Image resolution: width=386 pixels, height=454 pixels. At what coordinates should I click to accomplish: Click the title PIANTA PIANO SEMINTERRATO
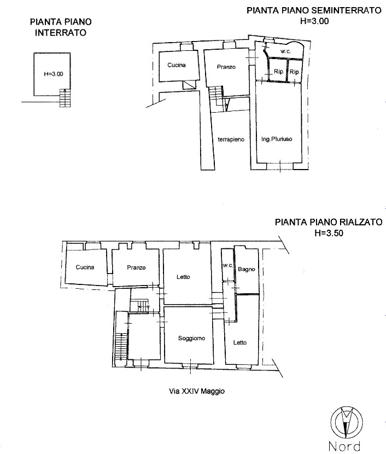pyautogui.click(x=314, y=10)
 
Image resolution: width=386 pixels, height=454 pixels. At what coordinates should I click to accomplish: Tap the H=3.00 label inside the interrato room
pyautogui.click(x=54, y=74)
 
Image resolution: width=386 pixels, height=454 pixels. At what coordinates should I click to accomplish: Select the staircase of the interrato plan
pyautogui.click(x=65, y=97)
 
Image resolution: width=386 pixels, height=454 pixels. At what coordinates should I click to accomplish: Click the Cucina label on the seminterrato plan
pyautogui.click(x=177, y=65)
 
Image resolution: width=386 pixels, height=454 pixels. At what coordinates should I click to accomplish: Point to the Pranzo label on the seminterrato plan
pyautogui.click(x=226, y=67)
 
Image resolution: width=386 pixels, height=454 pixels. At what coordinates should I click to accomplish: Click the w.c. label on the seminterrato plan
pyautogui.click(x=285, y=51)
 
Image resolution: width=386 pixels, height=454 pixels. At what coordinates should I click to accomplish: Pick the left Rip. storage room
pyautogui.click(x=278, y=70)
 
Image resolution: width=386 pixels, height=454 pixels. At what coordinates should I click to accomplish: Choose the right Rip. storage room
pyautogui.click(x=295, y=70)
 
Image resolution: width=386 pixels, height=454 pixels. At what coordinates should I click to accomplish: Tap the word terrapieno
pyautogui.click(x=231, y=139)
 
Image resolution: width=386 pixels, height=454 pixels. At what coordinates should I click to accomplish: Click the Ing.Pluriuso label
pyautogui.click(x=277, y=139)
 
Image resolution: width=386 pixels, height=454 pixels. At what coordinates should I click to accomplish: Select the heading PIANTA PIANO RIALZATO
pyautogui.click(x=329, y=222)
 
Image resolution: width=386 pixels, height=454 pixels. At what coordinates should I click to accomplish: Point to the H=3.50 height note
pyautogui.click(x=329, y=233)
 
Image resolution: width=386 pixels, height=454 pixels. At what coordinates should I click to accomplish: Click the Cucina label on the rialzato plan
pyautogui.click(x=85, y=267)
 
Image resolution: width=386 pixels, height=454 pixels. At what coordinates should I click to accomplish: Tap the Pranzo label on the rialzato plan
pyautogui.click(x=136, y=267)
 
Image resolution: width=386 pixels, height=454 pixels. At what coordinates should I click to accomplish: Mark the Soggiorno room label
pyautogui.click(x=191, y=338)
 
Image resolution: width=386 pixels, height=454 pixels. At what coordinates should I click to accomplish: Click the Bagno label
pyautogui.click(x=247, y=269)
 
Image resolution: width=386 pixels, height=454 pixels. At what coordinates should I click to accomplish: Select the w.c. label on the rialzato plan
pyautogui.click(x=228, y=265)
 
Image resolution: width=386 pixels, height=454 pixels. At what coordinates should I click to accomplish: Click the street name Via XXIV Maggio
pyautogui.click(x=197, y=391)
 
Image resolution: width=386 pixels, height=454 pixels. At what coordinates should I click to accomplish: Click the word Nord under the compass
pyautogui.click(x=344, y=446)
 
